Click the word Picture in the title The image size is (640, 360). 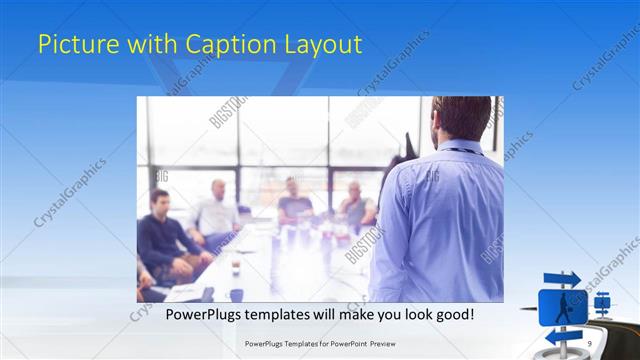tap(71, 45)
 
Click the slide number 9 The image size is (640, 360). tap(589, 343)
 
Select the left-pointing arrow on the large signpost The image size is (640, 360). tap(560, 336)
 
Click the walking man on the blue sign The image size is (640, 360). tap(563, 306)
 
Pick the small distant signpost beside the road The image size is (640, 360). tap(602, 300)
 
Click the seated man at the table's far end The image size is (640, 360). tap(293, 200)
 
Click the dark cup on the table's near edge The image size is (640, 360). tap(236, 294)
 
